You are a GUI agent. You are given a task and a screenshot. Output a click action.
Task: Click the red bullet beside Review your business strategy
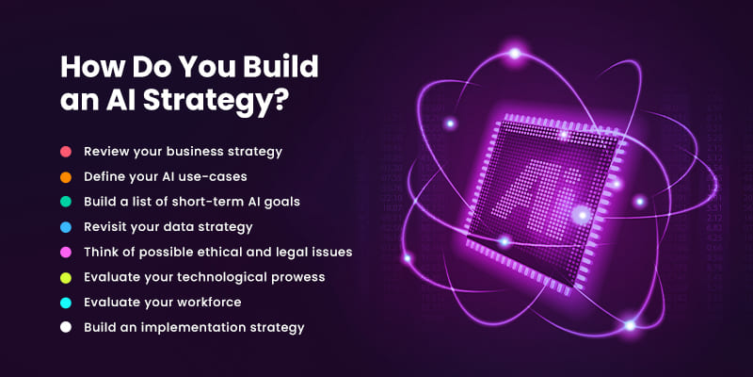coord(66,152)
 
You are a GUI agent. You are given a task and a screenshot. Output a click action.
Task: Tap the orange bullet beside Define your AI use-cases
coord(66,177)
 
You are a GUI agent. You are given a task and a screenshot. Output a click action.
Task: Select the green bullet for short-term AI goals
coord(66,202)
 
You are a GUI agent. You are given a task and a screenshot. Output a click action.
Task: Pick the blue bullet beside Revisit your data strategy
coord(66,227)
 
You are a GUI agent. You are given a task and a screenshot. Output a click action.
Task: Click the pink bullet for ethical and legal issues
coord(66,252)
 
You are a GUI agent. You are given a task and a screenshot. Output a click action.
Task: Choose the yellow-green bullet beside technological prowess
coord(66,277)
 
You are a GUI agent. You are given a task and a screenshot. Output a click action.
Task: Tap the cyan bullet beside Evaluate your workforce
coord(66,303)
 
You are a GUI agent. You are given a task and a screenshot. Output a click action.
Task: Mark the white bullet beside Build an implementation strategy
coord(66,327)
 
